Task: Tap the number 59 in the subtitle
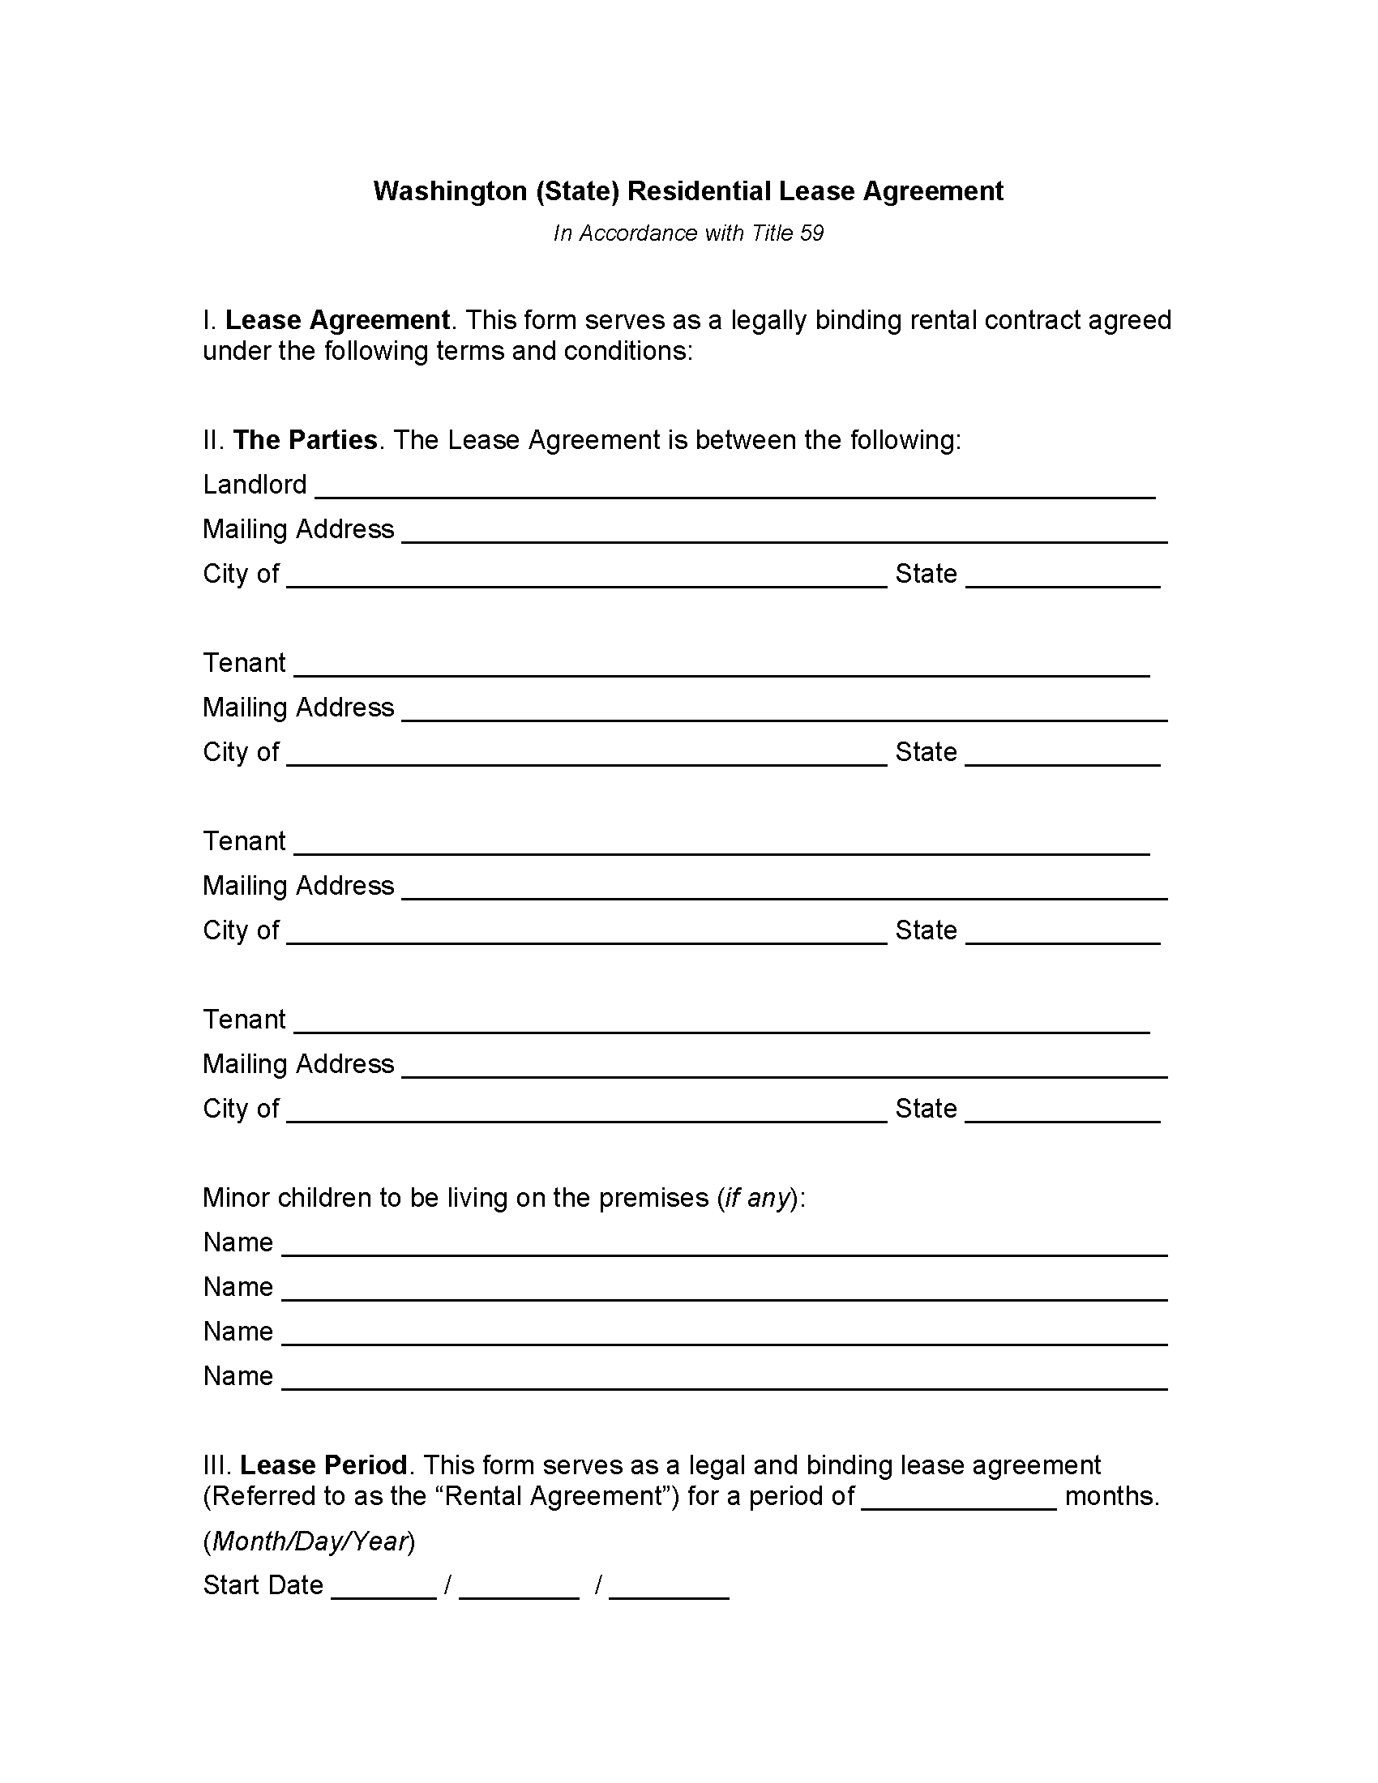tap(811, 233)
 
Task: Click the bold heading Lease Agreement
tap(337, 320)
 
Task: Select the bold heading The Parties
tap(306, 440)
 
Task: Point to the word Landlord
tap(255, 485)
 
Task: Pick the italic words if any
tap(758, 1198)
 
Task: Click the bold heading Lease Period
tap(323, 1465)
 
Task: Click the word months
tap(1112, 1496)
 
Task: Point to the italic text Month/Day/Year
tap(310, 1541)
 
